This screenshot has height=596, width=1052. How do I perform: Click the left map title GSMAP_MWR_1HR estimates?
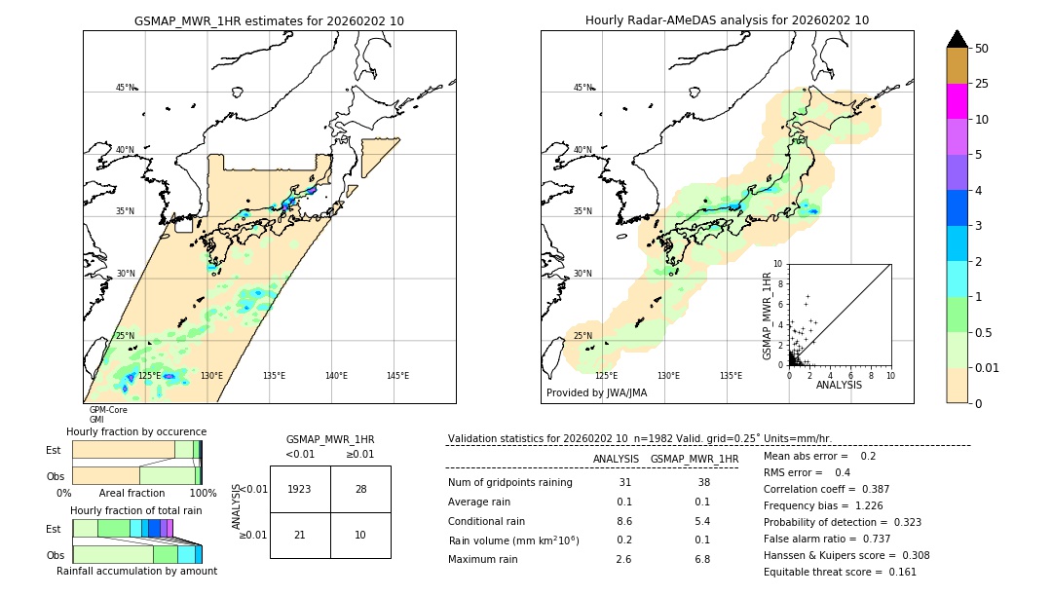[x=269, y=20]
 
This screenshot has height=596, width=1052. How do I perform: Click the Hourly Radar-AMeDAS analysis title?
[x=727, y=20]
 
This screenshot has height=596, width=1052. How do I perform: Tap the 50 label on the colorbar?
[x=982, y=49]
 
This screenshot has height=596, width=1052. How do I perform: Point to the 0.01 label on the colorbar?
[x=988, y=367]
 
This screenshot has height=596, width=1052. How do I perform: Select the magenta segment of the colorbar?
[x=957, y=101]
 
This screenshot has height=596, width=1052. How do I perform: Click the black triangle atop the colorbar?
[x=957, y=39]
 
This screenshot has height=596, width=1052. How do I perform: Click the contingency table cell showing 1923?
[x=300, y=489]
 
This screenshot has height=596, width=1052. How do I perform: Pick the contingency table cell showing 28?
[x=360, y=489]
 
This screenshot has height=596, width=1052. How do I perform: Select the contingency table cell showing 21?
[x=300, y=535]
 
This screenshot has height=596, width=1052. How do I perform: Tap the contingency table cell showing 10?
[x=360, y=535]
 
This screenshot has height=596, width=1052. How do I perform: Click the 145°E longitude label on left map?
[x=397, y=376]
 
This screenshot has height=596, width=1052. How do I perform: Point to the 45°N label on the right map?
[x=582, y=88]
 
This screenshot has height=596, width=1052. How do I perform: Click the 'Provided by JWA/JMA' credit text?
[x=596, y=393]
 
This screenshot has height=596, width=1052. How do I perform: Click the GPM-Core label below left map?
[x=108, y=410]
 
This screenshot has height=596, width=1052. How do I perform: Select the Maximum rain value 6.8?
[x=701, y=559]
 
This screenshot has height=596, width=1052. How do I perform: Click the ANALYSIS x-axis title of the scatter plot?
[x=839, y=385]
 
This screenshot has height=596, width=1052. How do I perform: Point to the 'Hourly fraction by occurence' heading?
[x=136, y=431]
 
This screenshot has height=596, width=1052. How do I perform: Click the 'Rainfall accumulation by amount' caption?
[x=136, y=571]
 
